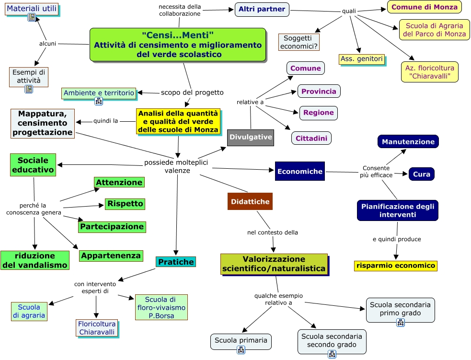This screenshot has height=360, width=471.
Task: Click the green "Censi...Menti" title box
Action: coord(178,45)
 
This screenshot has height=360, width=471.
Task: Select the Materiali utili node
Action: coord(32,9)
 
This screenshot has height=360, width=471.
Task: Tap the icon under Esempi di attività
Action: coord(29,89)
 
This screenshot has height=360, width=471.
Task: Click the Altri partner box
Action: coord(262,9)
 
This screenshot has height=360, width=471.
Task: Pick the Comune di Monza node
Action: coord(425,7)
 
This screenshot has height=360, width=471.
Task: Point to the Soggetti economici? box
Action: coord(299,42)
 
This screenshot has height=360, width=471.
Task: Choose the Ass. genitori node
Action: coord(362,59)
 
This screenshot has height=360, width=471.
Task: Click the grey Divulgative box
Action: coord(251,137)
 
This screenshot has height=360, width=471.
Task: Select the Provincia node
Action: coord(319,92)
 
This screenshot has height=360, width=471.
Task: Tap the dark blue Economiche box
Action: coord(300,171)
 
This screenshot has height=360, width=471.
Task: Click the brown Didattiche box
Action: coord(250,201)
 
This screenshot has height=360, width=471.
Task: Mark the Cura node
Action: coord(422,174)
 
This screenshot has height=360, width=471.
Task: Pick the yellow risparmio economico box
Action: coord(396,266)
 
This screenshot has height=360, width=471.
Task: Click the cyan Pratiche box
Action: coord(176,262)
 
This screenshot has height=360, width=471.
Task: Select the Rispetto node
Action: coord(125,204)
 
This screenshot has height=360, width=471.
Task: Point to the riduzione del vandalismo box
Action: coord(35,260)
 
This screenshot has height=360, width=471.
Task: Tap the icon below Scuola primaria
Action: coord(241,350)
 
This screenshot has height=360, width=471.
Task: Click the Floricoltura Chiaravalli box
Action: coord(97,328)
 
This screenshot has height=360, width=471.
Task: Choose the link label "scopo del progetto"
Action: coord(192,92)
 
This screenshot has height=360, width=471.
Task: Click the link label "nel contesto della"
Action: coord(273,232)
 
